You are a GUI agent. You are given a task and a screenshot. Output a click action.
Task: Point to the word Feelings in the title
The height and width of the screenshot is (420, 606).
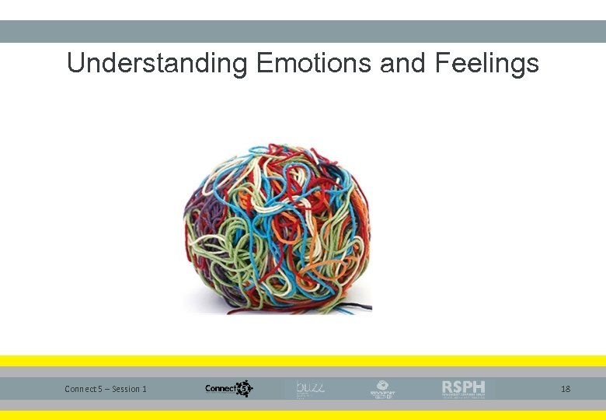click(483, 64)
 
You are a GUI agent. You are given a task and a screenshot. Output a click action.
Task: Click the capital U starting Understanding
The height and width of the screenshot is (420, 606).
click(75, 63)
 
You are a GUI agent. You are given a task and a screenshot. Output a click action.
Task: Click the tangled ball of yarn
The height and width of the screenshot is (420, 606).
click(277, 229)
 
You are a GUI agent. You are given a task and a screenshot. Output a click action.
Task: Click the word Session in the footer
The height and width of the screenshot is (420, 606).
click(127, 389)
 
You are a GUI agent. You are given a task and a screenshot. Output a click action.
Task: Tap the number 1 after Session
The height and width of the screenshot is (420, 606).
click(145, 389)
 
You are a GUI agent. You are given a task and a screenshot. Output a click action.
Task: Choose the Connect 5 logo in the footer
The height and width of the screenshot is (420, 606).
click(228, 388)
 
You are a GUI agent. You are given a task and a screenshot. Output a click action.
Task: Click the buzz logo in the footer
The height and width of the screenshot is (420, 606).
click(309, 388)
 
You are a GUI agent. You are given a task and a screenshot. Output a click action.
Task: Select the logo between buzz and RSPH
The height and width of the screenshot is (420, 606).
click(382, 389)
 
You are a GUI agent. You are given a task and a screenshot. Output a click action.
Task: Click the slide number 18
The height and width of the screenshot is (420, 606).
click(566, 388)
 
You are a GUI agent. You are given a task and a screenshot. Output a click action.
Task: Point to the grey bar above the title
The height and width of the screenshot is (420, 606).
click(303, 31)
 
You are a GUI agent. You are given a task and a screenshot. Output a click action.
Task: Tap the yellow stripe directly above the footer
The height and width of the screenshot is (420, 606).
click(303, 361)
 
